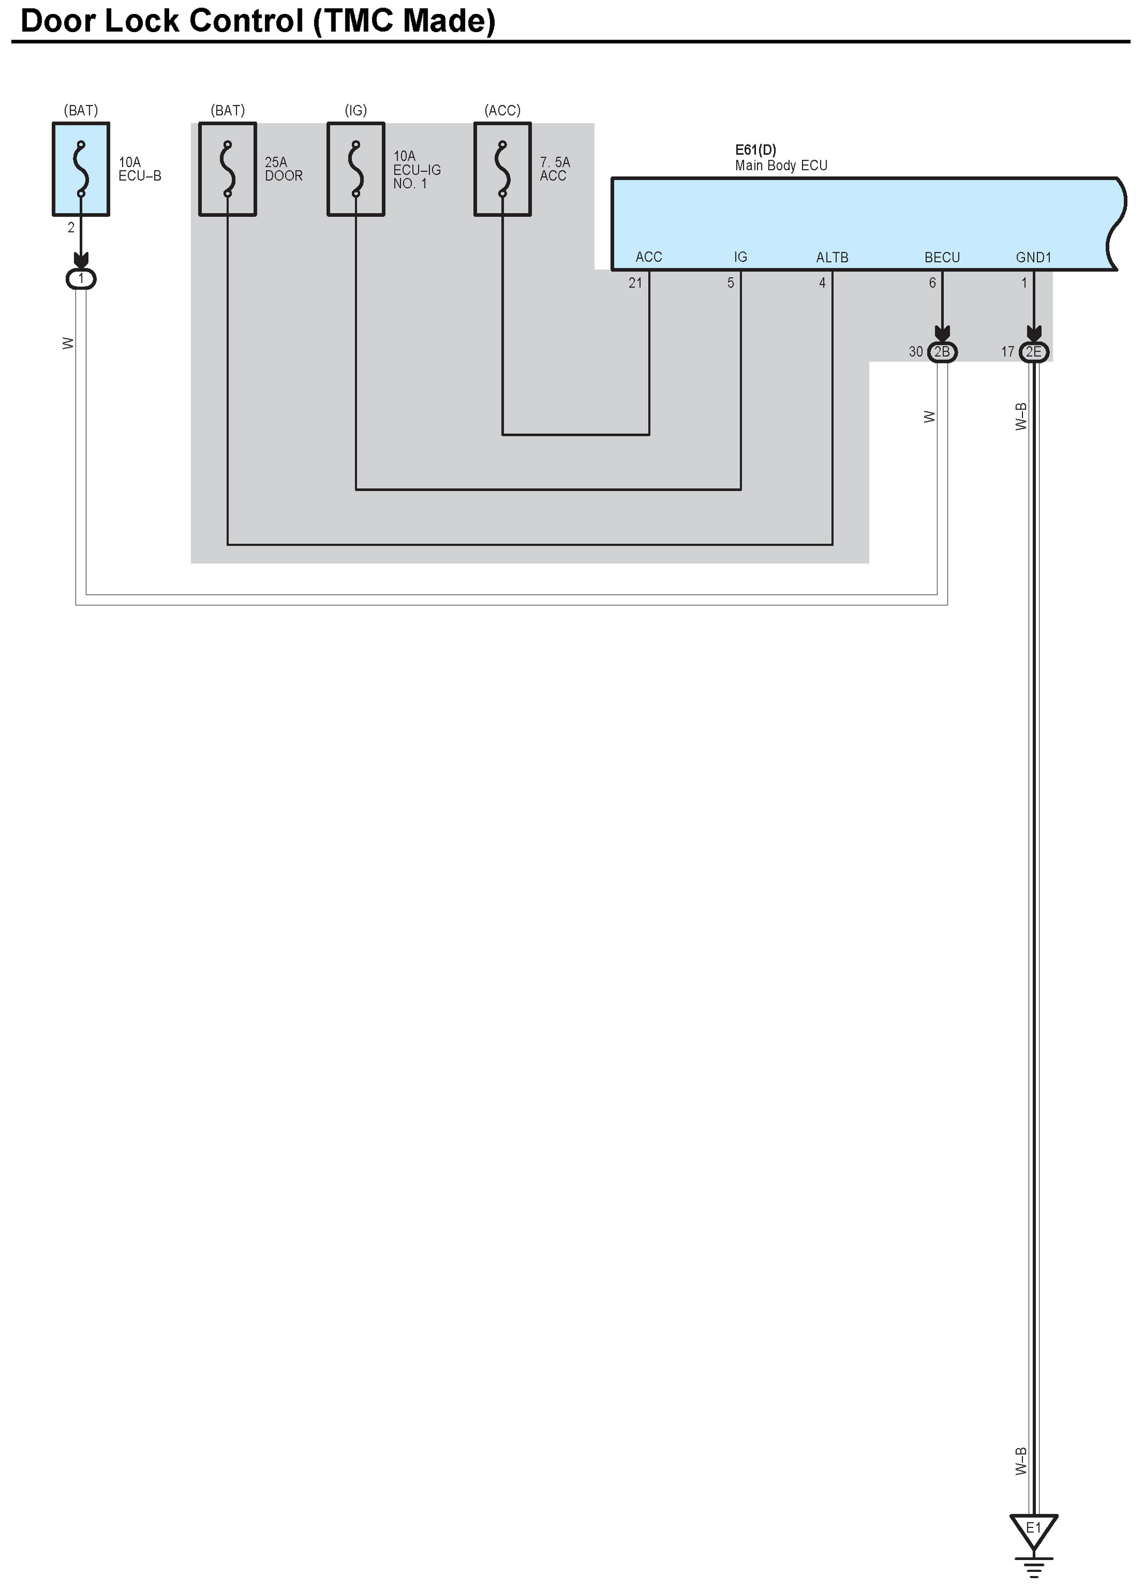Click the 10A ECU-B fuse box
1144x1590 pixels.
pos(81,169)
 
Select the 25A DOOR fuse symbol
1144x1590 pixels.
pos(227,169)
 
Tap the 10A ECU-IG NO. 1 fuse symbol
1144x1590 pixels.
pos(355,169)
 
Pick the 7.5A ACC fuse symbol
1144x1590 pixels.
pos(502,169)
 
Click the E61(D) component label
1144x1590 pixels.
pos(755,149)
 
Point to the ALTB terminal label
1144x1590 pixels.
pos(831,258)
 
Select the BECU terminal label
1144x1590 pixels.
pos(942,258)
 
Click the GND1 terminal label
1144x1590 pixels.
pos(1033,258)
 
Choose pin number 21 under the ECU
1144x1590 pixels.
pos(635,283)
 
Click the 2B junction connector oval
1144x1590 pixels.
pos(942,351)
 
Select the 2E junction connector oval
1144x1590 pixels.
pos(1033,351)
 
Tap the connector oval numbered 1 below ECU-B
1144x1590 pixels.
pos(81,279)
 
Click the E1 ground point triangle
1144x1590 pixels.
pos(1033,1529)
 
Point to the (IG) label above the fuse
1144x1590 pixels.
pos(355,110)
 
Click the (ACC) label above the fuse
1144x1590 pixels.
pos(502,110)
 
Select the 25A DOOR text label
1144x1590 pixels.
pos(283,169)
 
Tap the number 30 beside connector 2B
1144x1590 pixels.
pos(915,351)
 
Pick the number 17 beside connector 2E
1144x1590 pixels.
pos(1007,351)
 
